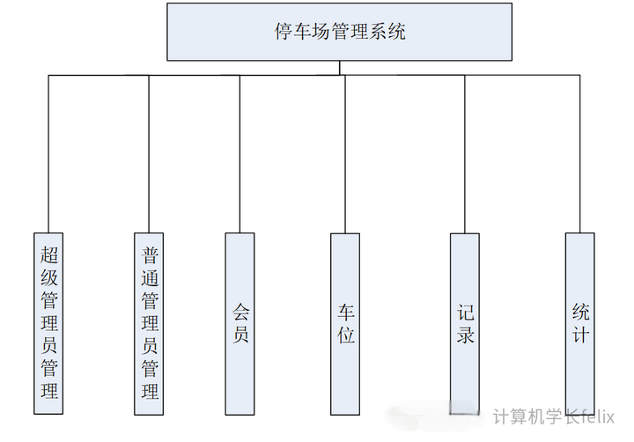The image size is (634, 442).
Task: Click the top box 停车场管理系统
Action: click(x=339, y=32)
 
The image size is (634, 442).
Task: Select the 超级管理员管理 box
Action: click(x=49, y=323)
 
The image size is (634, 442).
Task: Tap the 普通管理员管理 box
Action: click(x=150, y=323)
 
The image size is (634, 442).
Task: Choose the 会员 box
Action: click(x=240, y=323)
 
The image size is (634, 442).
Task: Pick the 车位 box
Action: click(x=345, y=323)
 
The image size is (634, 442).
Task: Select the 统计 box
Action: click(x=579, y=323)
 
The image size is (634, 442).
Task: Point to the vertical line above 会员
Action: click(x=240, y=154)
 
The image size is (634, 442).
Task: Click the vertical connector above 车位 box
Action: click(x=345, y=154)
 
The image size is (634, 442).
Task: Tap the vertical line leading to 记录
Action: click(x=465, y=154)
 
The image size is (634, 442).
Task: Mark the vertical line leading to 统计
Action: click(x=579, y=154)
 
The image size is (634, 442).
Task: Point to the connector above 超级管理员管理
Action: click(x=49, y=154)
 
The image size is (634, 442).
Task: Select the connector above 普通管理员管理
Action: click(x=150, y=154)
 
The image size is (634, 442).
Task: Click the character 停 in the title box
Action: click(x=284, y=32)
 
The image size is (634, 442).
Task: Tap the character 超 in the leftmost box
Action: click(x=49, y=255)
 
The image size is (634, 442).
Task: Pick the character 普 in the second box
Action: click(x=150, y=255)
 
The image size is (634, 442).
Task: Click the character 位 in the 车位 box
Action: click(x=345, y=335)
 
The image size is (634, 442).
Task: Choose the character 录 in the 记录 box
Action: click(x=465, y=335)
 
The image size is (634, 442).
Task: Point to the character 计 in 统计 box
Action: click(x=579, y=335)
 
